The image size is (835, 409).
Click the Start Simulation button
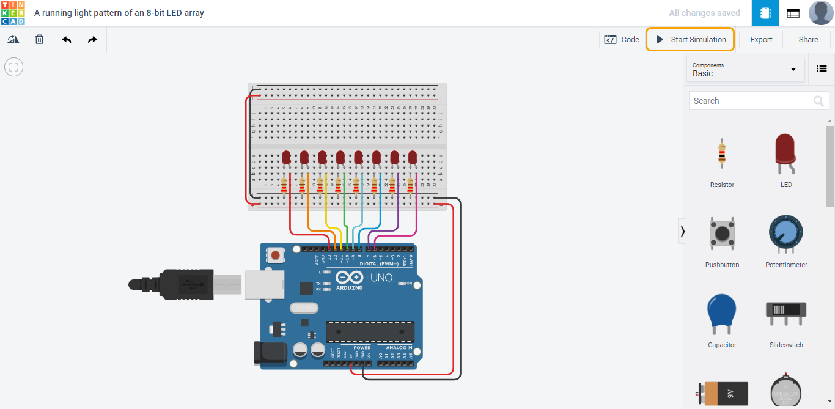click(x=691, y=39)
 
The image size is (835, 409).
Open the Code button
click(x=622, y=39)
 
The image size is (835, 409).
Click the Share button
click(x=808, y=39)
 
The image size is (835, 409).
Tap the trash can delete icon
click(x=39, y=39)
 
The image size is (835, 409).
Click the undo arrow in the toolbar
click(x=67, y=39)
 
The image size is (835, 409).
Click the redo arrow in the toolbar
click(x=92, y=39)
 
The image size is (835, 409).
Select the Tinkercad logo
click(x=13, y=13)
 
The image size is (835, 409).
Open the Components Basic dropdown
click(x=745, y=69)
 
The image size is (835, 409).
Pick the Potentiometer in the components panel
click(x=786, y=235)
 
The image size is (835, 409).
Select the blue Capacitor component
click(x=722, y=315)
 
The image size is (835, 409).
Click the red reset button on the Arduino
click(x=276, y=255)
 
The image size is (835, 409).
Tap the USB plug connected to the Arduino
click(x=177, y=284)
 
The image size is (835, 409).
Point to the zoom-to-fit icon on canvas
click(x=13, y=67)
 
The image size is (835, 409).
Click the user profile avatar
click(x=820, y=13)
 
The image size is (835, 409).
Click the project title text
click(x=119, y=13)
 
